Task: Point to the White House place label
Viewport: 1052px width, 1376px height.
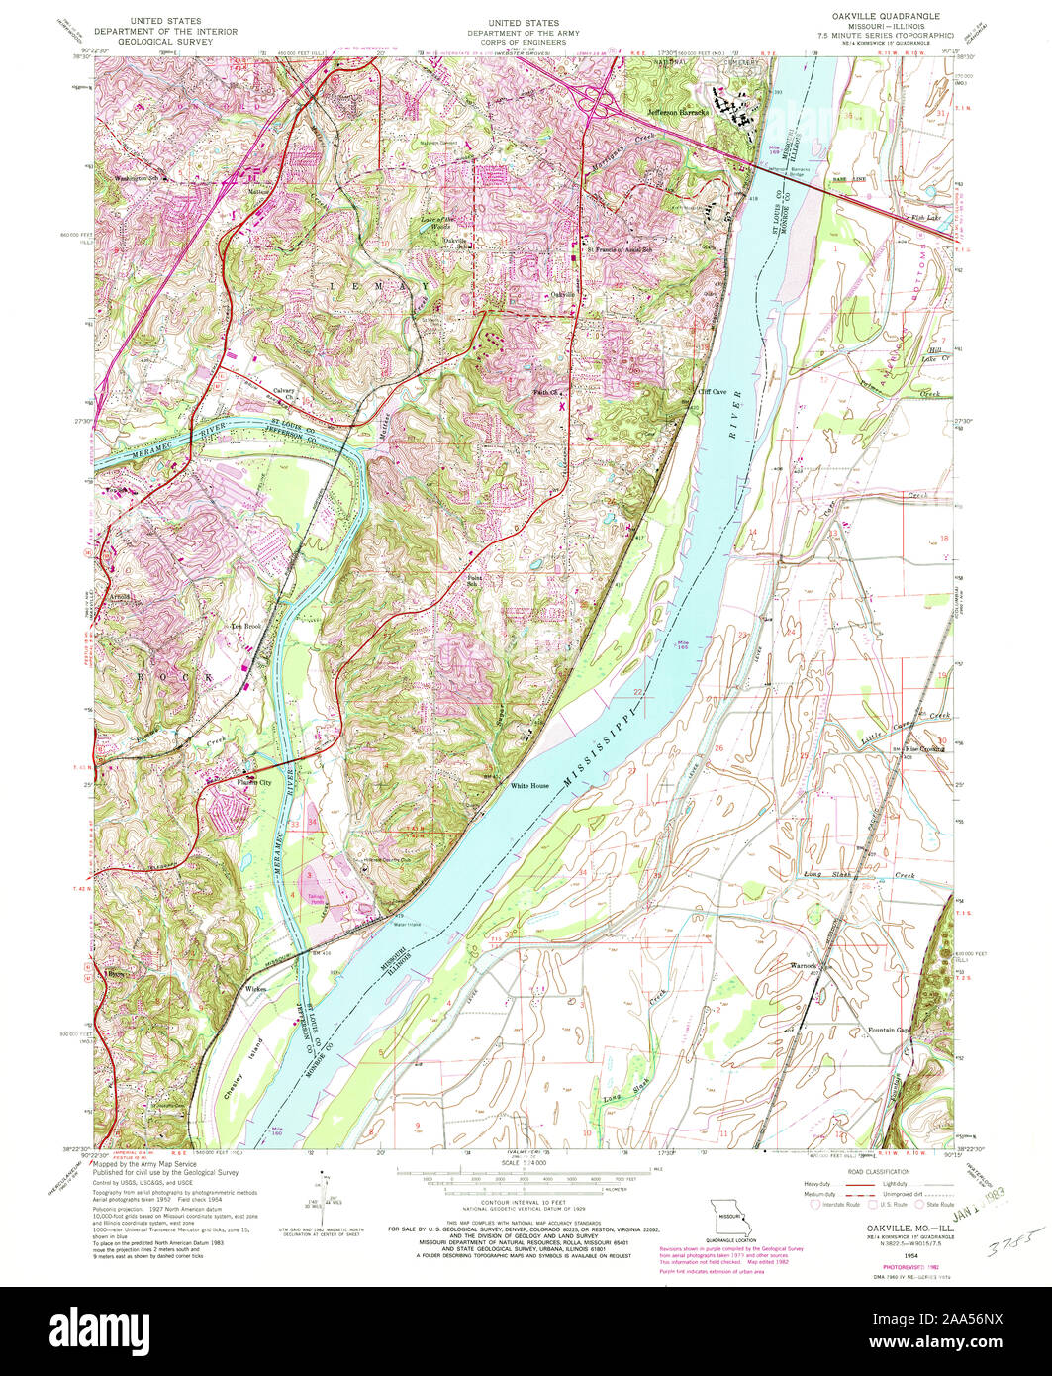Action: point(528,785)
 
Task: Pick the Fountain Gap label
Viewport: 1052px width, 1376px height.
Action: point(889,1030)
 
